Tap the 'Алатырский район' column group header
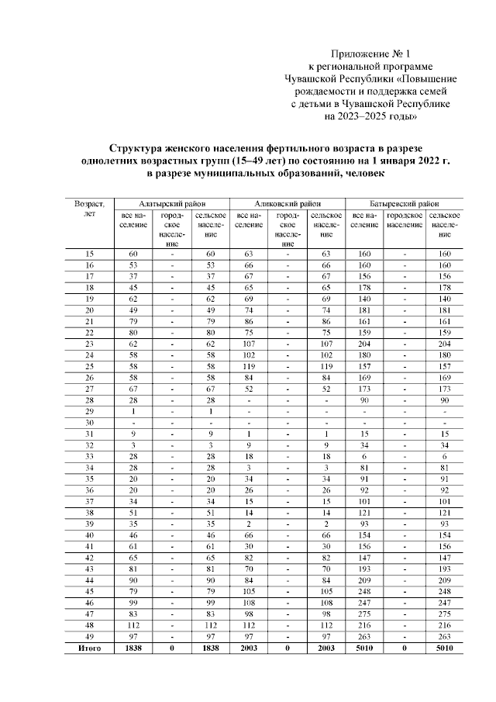[x=171, y=200]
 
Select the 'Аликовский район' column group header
[x=288, y=200]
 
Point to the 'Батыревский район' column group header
[x=404, y=200]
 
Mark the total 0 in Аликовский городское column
[x=288, y=647]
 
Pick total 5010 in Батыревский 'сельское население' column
[x=444, y=647]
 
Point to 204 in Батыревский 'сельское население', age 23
[x=444, y=344]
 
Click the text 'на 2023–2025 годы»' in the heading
[x=369, y=116]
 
